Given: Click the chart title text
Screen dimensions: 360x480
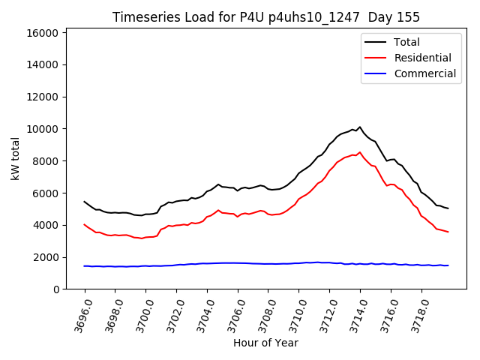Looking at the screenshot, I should [x=266, y=17].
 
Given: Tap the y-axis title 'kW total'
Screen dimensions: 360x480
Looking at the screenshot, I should [x=15, y=159].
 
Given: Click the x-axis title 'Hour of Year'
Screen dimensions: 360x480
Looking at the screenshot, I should [x=266, y=343].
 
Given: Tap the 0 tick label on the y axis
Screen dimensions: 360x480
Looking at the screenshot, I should [x=57, y=289].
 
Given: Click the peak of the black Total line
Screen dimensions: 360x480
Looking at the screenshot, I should [x=360, y=127].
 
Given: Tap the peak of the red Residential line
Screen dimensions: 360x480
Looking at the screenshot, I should [x=360, y=152].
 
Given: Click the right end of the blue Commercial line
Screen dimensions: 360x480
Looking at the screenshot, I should [x=448, y=265].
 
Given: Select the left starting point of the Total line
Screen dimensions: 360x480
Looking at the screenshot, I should [x=85, y=202].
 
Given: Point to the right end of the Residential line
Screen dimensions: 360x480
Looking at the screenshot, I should [x=448, y=232].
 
